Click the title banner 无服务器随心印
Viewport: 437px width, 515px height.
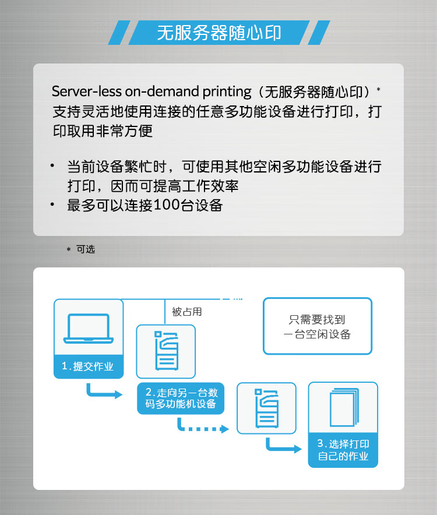[219, 33]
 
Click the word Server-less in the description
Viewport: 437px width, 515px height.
[86, 91]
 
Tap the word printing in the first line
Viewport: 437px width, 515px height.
[227, 92]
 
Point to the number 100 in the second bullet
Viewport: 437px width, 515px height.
[166, 205]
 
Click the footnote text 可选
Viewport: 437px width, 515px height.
[86, 249]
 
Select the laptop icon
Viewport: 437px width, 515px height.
[89, 329]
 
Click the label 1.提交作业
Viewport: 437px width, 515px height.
[88, 366]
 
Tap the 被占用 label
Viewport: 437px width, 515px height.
[186, 312]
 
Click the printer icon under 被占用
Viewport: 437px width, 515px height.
[167, 351]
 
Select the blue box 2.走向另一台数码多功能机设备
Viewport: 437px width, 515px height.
[181, 398]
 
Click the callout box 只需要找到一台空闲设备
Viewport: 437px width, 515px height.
[318, 326]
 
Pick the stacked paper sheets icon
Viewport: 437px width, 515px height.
[344, 407]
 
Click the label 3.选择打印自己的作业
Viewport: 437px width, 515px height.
[343, 450]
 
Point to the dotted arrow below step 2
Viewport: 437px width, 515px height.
[202, 427]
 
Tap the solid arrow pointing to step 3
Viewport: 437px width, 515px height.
[283, 446]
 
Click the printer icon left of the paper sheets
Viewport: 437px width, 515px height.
[267, 408]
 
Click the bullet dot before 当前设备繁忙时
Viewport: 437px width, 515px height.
[52, 165]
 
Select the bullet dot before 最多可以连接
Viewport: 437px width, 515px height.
[52, 204]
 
